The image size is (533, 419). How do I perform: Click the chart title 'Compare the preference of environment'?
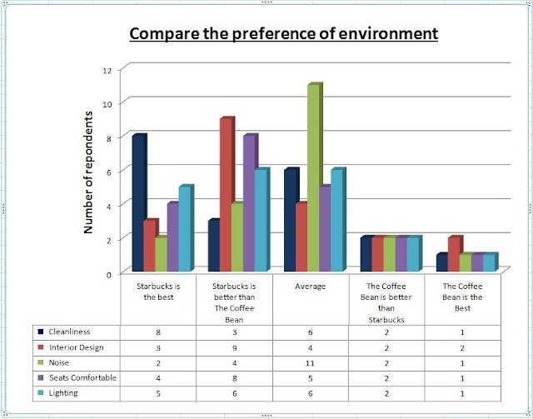[x=282, y=35]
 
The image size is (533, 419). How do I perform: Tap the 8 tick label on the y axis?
[x=107, y=137]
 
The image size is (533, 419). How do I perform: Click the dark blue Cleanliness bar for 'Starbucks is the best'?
[x=139, y=203]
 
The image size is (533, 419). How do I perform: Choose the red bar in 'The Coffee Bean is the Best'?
[x=452, y=255]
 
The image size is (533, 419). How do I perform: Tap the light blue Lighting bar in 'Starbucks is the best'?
[x=185, y=229]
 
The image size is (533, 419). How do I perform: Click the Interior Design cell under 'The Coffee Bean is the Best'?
[x=461, y=347]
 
